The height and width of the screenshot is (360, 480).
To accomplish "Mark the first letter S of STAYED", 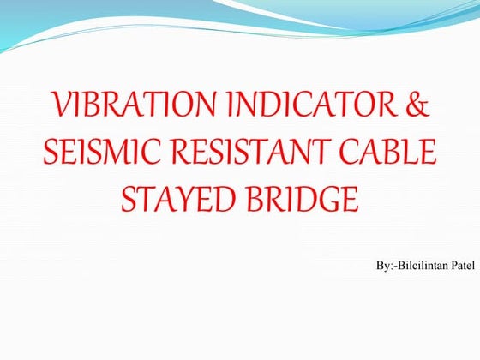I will tap(131, 201).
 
